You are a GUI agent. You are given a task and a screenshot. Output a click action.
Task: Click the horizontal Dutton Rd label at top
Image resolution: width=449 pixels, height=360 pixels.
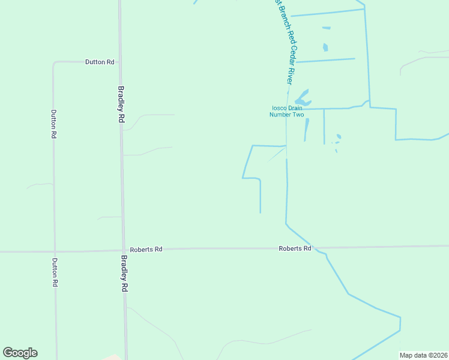(x=100, y=62)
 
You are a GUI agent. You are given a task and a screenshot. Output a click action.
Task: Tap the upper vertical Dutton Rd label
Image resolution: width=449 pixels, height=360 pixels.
(x=53, y=124)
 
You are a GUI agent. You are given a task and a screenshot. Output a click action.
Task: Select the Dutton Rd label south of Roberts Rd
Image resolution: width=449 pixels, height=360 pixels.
(x=55, y=272)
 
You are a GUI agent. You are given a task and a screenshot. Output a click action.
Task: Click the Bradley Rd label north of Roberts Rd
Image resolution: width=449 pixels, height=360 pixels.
(x=121, y=104)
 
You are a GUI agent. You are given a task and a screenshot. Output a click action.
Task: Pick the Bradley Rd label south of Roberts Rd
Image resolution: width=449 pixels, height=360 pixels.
(x=124, y=274)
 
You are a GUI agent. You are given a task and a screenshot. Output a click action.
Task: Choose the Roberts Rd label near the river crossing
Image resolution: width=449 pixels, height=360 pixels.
(x=295, y=248)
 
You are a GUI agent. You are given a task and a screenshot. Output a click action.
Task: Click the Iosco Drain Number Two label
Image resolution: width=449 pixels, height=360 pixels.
(x=287, y=111)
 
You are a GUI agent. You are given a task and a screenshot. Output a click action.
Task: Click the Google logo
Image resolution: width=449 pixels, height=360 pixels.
(x=20, y=353)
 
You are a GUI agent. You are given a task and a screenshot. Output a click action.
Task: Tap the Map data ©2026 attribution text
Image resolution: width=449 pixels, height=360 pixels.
(x=423, y=355)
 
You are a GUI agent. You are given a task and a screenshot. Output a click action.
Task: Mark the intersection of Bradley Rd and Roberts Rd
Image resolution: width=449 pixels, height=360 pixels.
(x=123, y=250)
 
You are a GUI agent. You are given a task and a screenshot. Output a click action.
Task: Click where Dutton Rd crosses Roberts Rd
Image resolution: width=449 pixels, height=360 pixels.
(x=55, y=251)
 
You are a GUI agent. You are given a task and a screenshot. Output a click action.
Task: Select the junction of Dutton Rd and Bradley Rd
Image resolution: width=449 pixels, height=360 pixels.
(x=120, y=62)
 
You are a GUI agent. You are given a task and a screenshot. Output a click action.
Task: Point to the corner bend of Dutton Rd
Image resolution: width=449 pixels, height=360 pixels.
(x=54, y=62)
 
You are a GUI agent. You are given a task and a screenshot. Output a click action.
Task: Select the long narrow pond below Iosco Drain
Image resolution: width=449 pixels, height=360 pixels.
(x=306, y=128)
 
